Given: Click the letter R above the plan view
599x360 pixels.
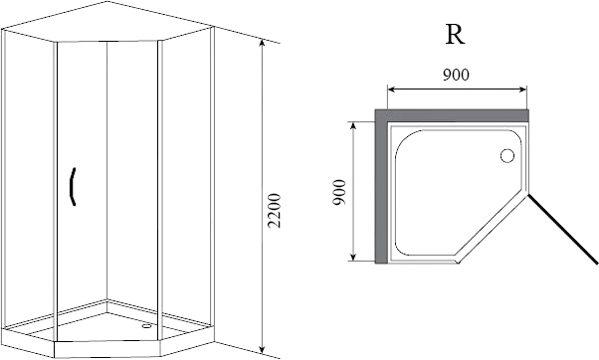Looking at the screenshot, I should (454, 34).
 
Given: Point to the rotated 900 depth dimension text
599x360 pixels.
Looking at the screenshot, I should (339, 192).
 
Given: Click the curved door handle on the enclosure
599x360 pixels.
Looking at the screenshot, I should (72, 187).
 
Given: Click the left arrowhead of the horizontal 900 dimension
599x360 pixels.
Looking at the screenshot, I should (392, 89).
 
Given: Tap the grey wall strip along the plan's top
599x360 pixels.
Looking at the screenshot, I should (453, 115).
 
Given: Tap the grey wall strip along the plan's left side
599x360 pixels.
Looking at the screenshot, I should (381, 189).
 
